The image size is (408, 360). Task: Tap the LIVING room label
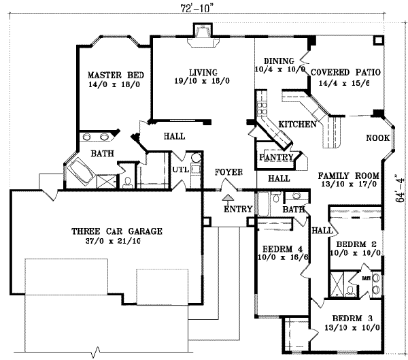click(x=203, y=71)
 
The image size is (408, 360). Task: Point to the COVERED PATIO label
click(x=345, y=71)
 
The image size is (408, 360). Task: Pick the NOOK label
click(x=377, y=138)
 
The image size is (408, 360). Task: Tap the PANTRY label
click(x=277, y=158)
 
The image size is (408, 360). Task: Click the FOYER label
click(x=228, y=172)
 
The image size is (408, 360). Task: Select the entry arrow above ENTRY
click(x=227, y=197)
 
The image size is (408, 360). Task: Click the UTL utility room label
click(x=180, y=169)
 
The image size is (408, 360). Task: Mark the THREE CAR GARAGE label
click(x=117, y=231)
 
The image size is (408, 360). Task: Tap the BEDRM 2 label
click(x=352, y=244)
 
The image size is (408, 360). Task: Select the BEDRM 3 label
click(x=354, y=318)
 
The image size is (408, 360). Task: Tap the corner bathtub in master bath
click(x=82, y=168)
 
